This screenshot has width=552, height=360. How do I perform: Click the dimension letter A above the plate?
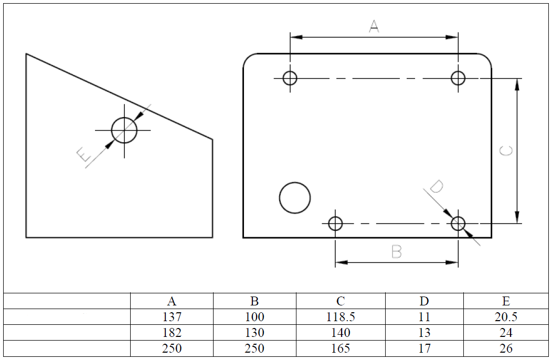tap(374, 26)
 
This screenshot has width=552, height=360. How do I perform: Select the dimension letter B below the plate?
tap(396, 252)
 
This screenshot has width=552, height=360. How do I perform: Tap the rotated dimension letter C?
tap(506, 151)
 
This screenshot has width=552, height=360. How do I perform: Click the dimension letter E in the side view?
tap(84, 154)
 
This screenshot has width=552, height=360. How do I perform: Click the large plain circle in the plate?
tap(295, 183)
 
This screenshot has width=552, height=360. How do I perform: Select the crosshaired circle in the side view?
tap(124, 118)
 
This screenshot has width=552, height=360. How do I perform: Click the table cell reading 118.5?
tap(341, 316)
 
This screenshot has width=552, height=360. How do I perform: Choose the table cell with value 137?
tap(172, 316)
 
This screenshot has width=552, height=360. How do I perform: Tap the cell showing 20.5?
tap(506, 316)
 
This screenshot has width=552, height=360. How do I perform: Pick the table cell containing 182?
tap(172, 333)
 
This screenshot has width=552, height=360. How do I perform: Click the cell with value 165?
tap(341, 348)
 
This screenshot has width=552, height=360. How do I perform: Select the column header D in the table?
tap(424, 301)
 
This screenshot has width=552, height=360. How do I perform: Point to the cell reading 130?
tap(254, 333)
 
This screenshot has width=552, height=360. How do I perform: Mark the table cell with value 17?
tap(424, 348)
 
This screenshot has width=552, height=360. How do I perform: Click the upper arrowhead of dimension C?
tap(517, 84)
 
